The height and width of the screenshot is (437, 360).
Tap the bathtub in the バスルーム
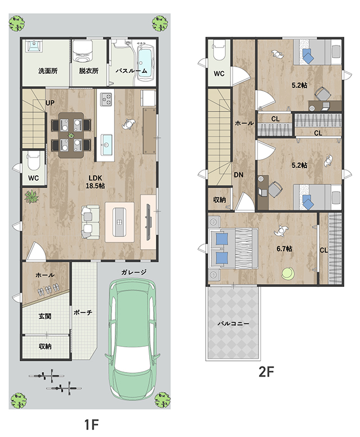(146, 62)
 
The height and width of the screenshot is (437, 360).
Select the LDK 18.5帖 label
(95, 182)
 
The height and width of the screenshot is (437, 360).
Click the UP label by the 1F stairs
(50, 103)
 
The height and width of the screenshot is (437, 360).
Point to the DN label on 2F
(238, 175)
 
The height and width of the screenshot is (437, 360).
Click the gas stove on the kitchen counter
(105, 99)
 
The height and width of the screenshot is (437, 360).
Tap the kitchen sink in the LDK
(106, 145)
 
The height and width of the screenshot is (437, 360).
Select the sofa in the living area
(90, 222)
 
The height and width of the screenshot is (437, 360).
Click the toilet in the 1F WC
(34, 162)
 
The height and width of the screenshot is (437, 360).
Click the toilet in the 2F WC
(219, 50)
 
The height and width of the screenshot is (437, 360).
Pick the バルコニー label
(233, 324)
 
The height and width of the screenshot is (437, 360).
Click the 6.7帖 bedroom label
(284, 248)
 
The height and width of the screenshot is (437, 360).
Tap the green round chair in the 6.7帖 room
(288, 273)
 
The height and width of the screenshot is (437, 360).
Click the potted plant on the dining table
(71, 135)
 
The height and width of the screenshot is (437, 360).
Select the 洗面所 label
(48, 71)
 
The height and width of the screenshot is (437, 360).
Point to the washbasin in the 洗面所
(34, 46)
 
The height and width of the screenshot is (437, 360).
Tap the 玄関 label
(45, 317)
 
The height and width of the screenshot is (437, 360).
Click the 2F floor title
(266, 372)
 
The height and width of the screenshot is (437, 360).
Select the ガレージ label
(133, 272)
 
